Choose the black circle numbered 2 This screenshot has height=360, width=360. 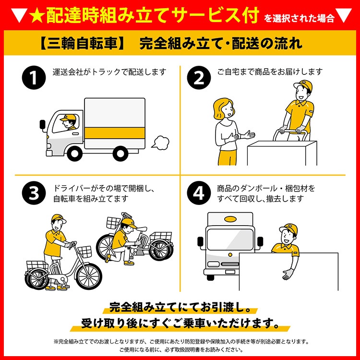(x=199, y=77)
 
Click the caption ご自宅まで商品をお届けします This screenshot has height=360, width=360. (x=270, y=72)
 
